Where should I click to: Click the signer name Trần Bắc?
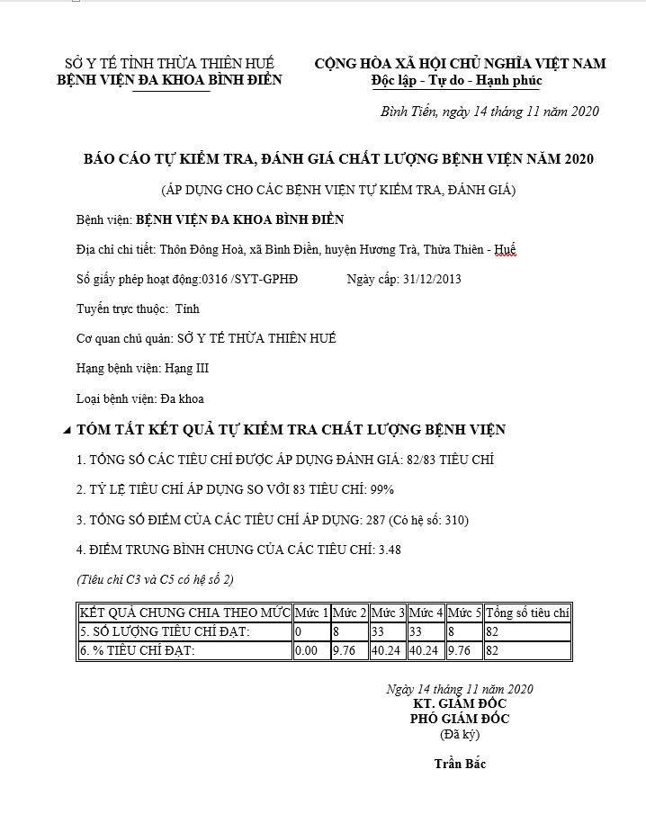point(459,764)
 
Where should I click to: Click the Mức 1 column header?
point(311,613)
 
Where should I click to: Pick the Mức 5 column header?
point(464,613)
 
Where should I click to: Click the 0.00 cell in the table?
point(306,650)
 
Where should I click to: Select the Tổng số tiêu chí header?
point(528,613)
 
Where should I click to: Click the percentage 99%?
point(382,489)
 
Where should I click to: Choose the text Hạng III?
point(188,368)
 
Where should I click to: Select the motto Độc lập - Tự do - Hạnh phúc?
point(457,81)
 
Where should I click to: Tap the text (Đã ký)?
point(459,734)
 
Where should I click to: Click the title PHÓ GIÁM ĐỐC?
point(459,719)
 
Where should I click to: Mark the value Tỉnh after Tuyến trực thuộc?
point(187,309)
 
